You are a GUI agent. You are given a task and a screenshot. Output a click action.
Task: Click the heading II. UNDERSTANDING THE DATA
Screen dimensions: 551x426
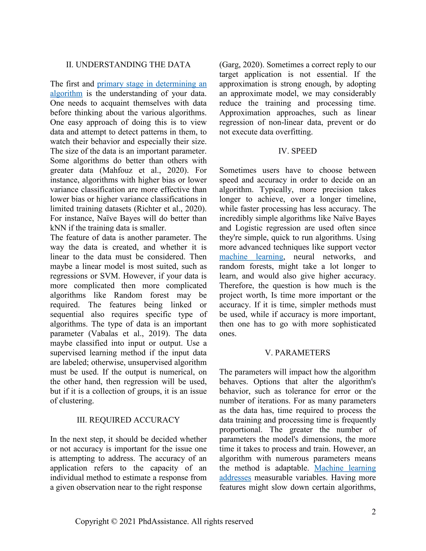[128, 65]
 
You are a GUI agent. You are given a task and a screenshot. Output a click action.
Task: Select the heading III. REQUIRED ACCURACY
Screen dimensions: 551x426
[128, 420]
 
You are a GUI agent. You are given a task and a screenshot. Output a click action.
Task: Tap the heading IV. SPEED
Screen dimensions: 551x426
[297, 151]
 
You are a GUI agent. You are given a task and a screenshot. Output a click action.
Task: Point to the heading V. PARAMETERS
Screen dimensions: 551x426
[297, 353]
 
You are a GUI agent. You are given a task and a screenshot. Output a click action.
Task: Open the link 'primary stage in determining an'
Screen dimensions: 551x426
[152, 84]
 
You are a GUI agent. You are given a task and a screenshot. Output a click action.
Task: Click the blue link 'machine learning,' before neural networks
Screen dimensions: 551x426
[251, 257]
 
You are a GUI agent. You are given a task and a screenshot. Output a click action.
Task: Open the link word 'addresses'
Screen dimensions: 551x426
[235, 478]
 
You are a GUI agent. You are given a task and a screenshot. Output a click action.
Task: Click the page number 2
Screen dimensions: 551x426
[374, 512]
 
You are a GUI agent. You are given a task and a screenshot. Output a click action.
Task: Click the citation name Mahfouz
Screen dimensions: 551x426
[117, 170]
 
